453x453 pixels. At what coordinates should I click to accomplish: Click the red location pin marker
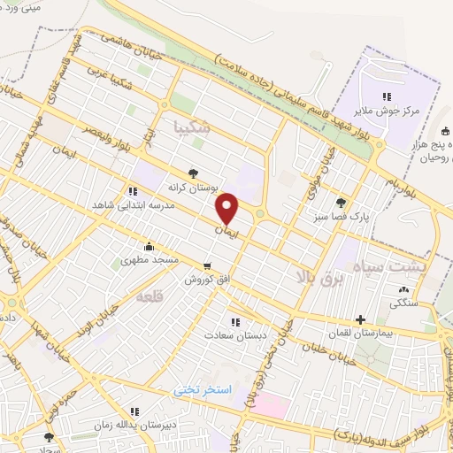tap(228, 208)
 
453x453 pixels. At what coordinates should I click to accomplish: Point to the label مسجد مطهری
tap(150, 261)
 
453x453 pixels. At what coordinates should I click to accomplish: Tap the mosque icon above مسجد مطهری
tap(149, 248)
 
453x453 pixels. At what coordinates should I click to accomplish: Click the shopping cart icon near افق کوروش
tap(207, 265)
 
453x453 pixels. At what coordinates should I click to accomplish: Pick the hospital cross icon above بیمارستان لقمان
tap(359, 320)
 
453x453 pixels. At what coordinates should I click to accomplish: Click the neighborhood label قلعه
tap(147, 298)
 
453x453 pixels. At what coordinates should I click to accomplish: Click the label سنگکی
tap(407, 303)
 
